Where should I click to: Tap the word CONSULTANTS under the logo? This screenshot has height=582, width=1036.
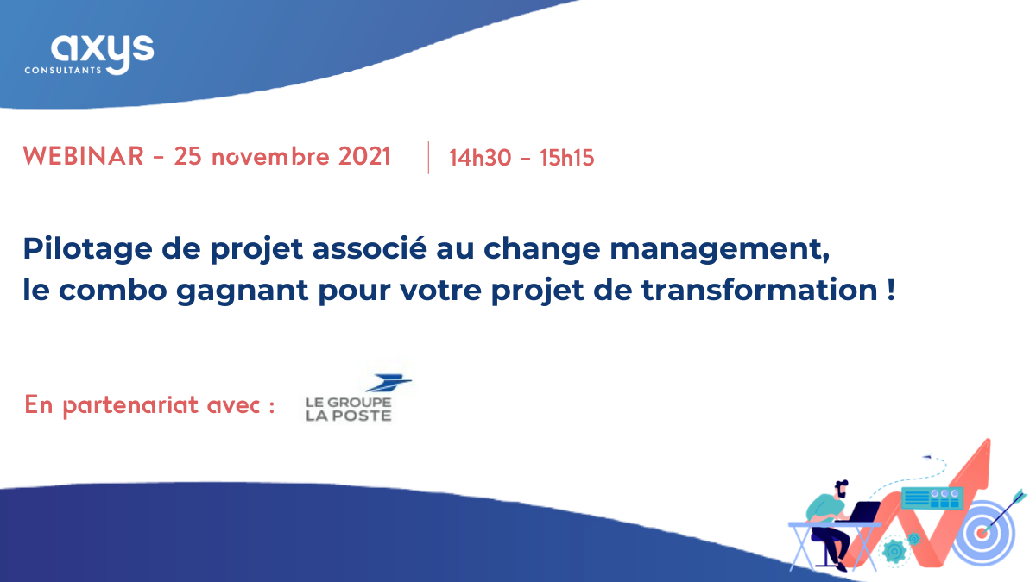coord(63,71)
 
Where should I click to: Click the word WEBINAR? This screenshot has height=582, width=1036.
coord(84,156)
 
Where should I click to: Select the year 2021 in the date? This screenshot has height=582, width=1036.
coord(364,156)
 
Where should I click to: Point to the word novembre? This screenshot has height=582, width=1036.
coord(270,156)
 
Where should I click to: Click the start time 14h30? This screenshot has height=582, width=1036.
coord(480,158)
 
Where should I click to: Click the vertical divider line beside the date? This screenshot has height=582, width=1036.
coord(429,158)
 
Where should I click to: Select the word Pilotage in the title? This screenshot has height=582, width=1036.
coord(88,249)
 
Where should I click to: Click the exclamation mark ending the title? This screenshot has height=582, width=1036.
coord(891,290)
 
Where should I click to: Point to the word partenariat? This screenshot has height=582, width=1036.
coord(131,406)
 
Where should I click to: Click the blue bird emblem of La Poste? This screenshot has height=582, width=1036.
coord(389,383)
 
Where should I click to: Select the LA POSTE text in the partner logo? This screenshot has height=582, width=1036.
coord(349,416)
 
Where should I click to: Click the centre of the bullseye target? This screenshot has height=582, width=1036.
coord(982,534)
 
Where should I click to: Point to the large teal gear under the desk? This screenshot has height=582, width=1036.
coord(894,551)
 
